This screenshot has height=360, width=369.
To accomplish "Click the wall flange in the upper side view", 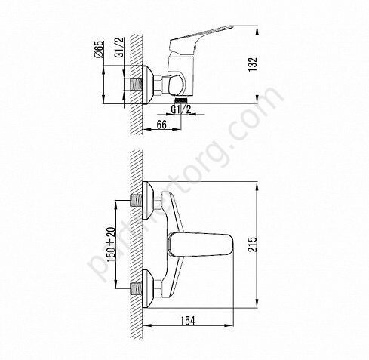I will pos(151,83).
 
